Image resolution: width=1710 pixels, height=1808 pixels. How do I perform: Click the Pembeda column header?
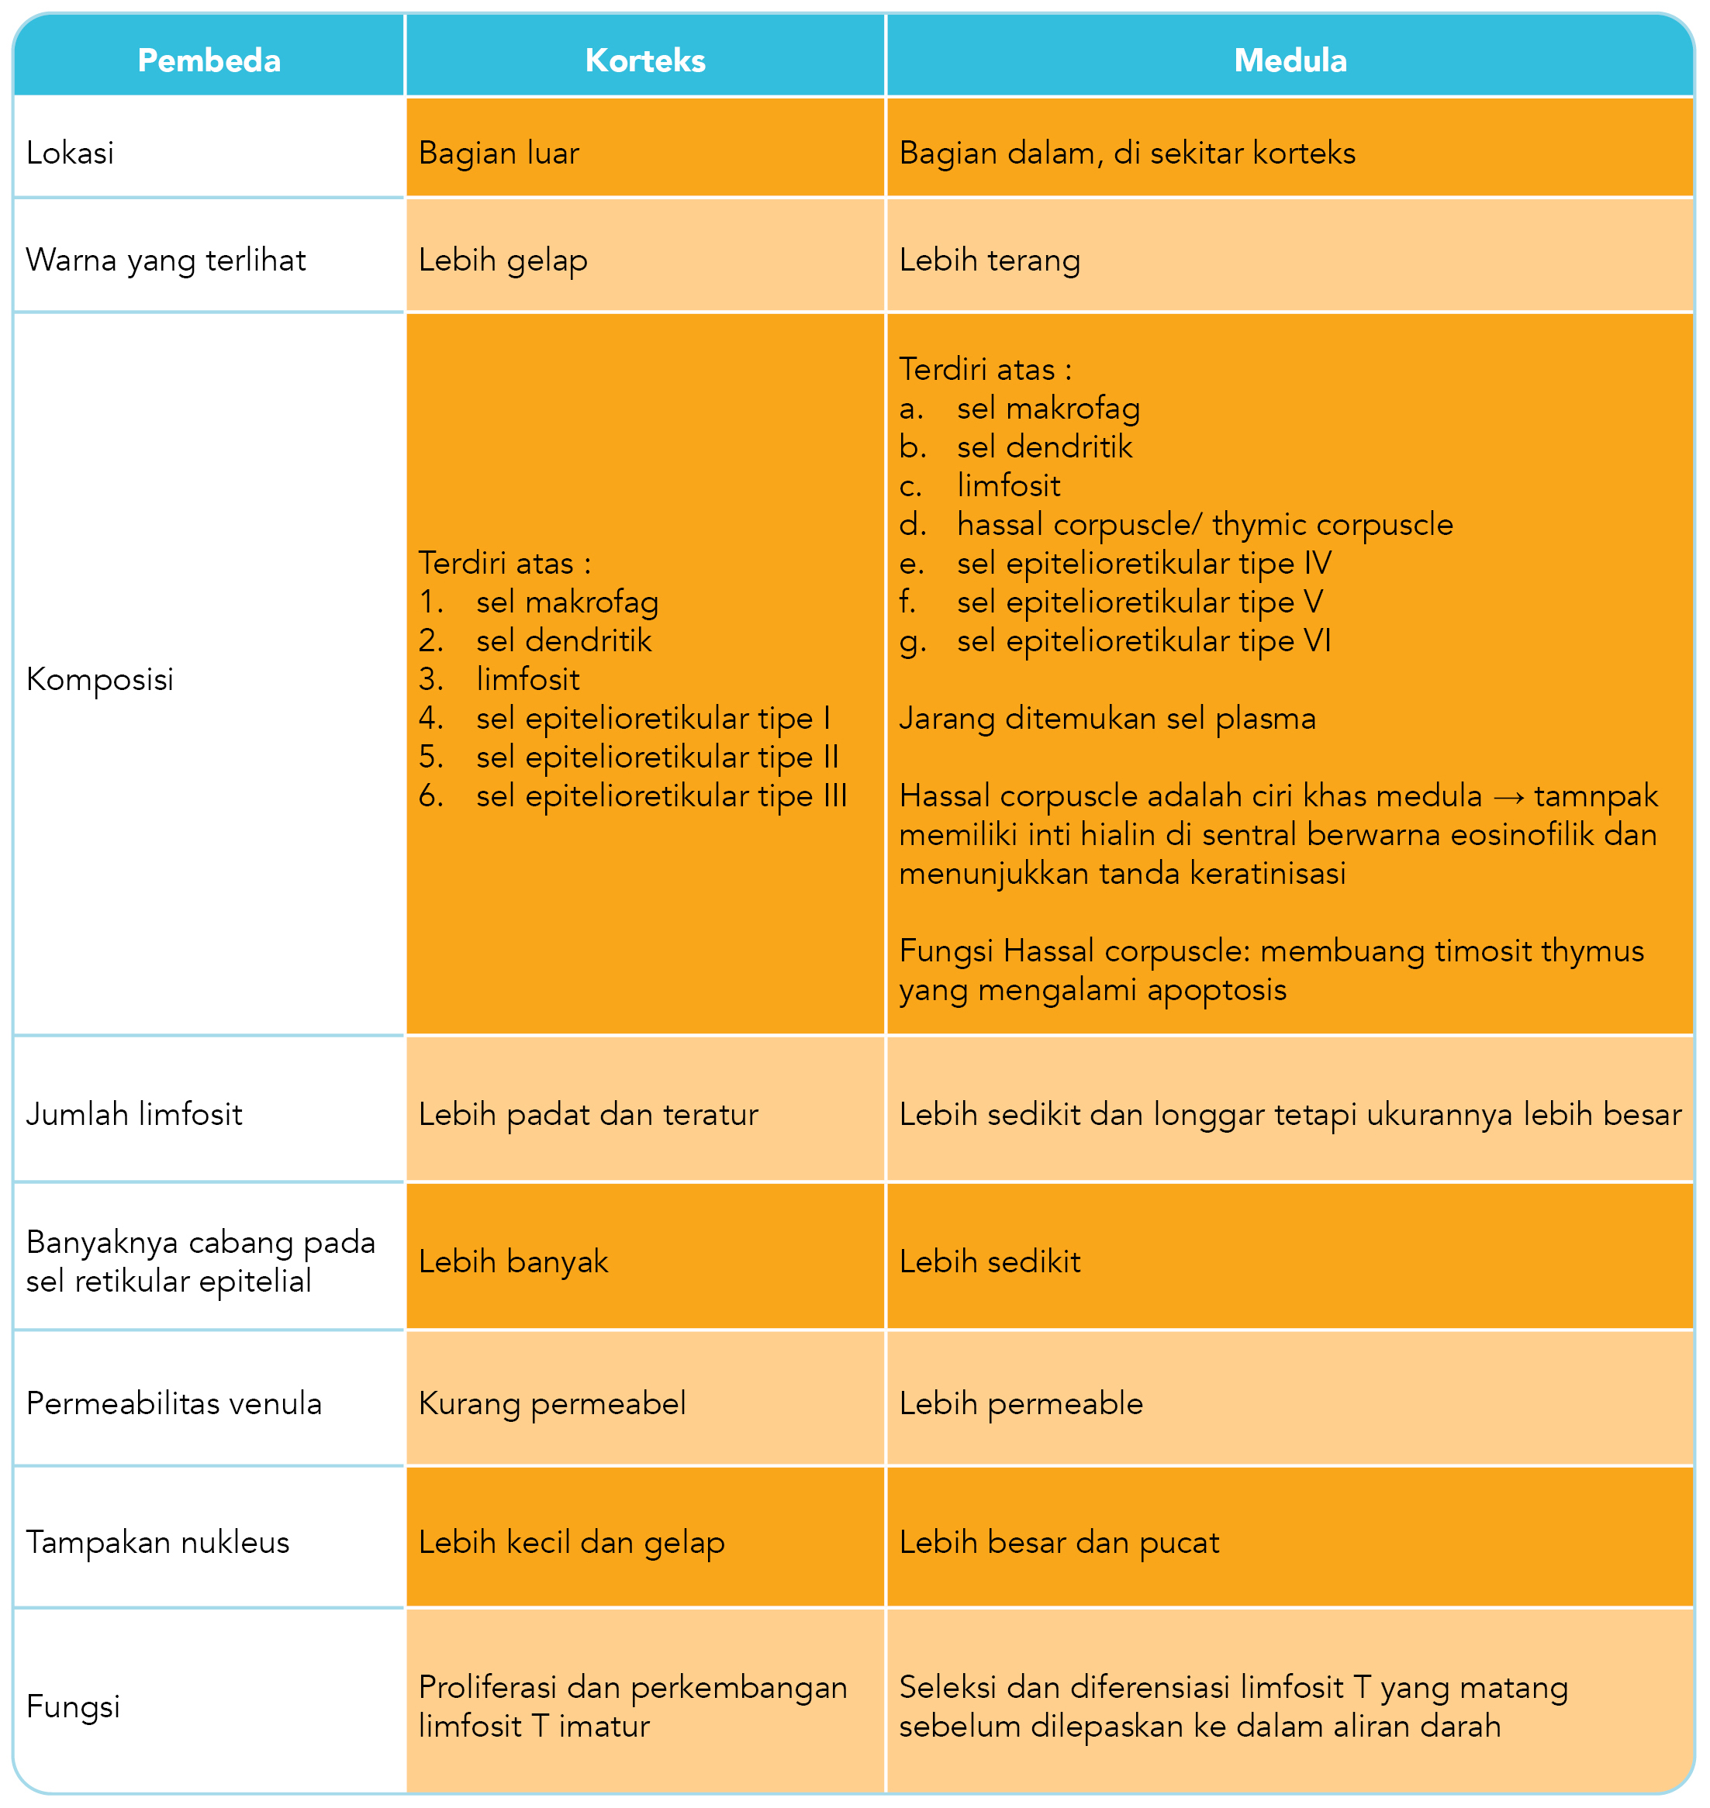tap(209, 60)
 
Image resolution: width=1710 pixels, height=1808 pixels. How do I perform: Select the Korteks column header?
tap(644, 60)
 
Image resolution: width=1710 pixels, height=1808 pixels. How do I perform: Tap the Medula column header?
tap(1289, 60)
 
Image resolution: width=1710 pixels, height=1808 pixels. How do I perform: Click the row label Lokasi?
tap(71, 153)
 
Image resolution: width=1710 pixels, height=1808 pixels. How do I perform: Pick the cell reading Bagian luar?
tap(499, 153)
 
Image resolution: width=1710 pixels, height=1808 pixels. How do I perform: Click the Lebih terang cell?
tap(989, 261)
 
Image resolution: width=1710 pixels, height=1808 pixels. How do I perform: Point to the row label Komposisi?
tap(99, 680)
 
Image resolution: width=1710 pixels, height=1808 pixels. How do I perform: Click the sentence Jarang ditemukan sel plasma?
tap(1107, 719)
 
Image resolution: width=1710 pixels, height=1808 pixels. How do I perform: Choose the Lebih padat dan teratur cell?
tap(588, 1115)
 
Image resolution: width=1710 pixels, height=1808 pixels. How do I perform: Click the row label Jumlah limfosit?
tap(134, 1115)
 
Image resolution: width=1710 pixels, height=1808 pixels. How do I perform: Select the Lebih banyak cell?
tap(513, 1262)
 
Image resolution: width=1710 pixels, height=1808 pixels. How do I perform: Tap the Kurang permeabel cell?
tap(551, 1404)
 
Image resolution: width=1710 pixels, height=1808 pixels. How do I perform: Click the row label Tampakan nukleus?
tap(157, 1543)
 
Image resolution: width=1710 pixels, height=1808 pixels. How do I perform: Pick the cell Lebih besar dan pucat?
tap(1059, 1543)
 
